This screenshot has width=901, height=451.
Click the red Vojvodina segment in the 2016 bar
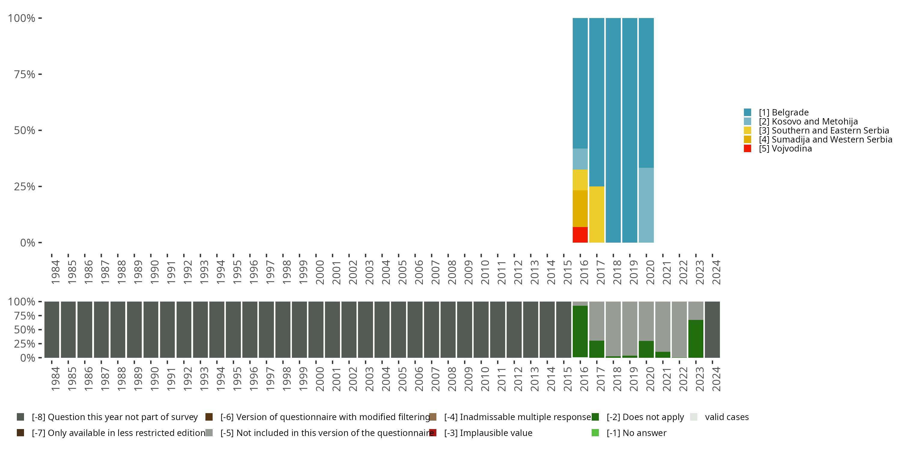tap(580, 235)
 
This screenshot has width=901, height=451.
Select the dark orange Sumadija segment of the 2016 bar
tap(580, 208)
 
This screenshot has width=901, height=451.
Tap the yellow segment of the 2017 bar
tap(596, 214)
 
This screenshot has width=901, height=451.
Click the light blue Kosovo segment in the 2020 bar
tap(646, 205)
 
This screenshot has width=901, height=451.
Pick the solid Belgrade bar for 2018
tap(613, 130)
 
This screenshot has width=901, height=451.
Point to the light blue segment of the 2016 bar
tap(580, 159)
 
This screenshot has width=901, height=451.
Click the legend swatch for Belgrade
tap(748, 112)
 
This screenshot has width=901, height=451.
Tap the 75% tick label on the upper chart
tap(25, 74)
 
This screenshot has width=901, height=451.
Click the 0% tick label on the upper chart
tap(27, 243)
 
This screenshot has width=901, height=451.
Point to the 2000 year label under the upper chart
tap(320, 272)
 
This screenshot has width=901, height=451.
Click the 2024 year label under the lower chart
tap(716, 379)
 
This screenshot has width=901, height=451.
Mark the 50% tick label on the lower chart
tap(25, 330)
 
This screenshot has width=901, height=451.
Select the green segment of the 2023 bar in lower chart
tap(696, 339)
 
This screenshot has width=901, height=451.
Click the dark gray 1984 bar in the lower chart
tap(52, 330)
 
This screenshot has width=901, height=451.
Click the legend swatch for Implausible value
tap(433, 433)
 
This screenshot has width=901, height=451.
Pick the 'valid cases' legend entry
tap(727, 417)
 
